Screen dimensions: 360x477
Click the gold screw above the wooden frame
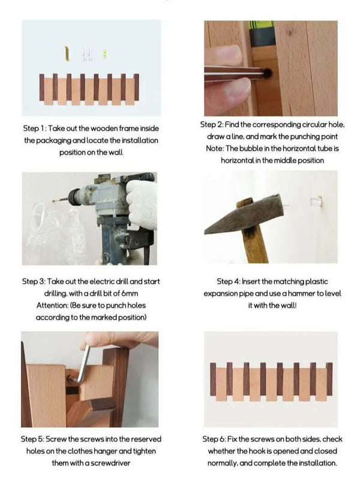point(67,53)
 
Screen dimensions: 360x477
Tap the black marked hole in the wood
point(267,73)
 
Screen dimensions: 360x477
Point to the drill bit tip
point(53,200)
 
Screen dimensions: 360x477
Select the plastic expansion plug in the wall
point(316,201)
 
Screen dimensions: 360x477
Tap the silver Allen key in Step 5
point(82,365)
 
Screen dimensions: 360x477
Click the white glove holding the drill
point(142,204)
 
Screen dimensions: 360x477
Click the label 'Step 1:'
point(35,128)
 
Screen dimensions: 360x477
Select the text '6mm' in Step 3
point(130,293)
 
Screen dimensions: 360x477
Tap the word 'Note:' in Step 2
point(215,148)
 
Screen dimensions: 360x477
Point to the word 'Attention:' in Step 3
point(53,305)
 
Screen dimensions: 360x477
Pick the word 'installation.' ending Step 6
point(318,463)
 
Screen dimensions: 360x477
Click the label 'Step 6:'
point(214,439)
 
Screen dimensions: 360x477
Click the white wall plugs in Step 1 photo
point(87,53)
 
